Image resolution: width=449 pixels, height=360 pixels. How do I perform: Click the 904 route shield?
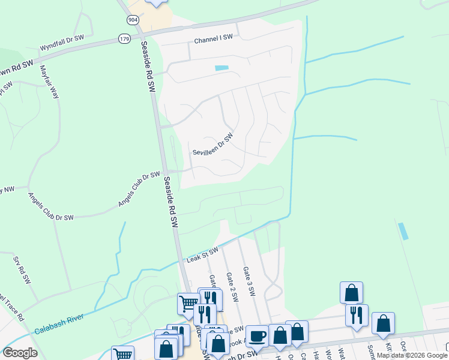(x=132, y=20)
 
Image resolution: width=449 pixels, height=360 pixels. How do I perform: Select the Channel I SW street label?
(x=212, y=38)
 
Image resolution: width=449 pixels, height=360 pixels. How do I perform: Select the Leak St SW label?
(x=202, y=255)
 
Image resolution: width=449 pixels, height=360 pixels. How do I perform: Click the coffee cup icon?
(x=258, y=335)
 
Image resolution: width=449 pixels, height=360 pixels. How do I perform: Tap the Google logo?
(x=20, y=353)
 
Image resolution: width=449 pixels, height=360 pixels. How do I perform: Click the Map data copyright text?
(x=412, y=355)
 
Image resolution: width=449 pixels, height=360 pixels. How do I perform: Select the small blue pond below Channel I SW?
(x=221, y=68)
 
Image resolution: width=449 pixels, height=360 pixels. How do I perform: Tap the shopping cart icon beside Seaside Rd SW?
(x=188, y=304)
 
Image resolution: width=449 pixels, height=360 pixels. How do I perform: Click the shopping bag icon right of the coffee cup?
(x=280, y=334)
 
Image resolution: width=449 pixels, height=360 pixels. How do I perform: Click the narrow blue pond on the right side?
(x=403, y=231)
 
